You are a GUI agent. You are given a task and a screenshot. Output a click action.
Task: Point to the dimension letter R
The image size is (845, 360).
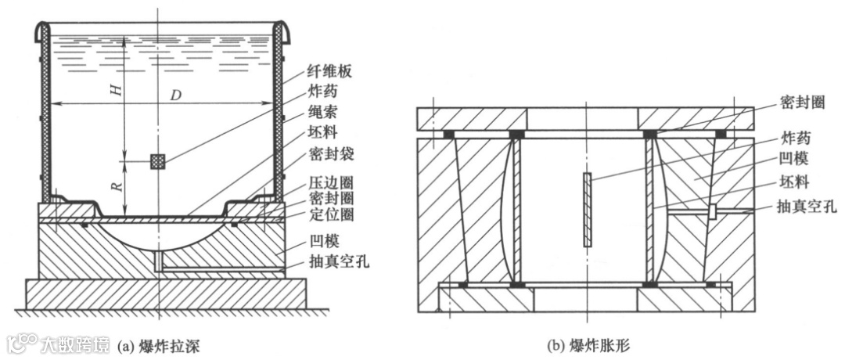[x=116, y=188]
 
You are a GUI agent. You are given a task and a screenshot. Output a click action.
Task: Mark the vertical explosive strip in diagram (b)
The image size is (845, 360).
[x=587, y=209]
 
